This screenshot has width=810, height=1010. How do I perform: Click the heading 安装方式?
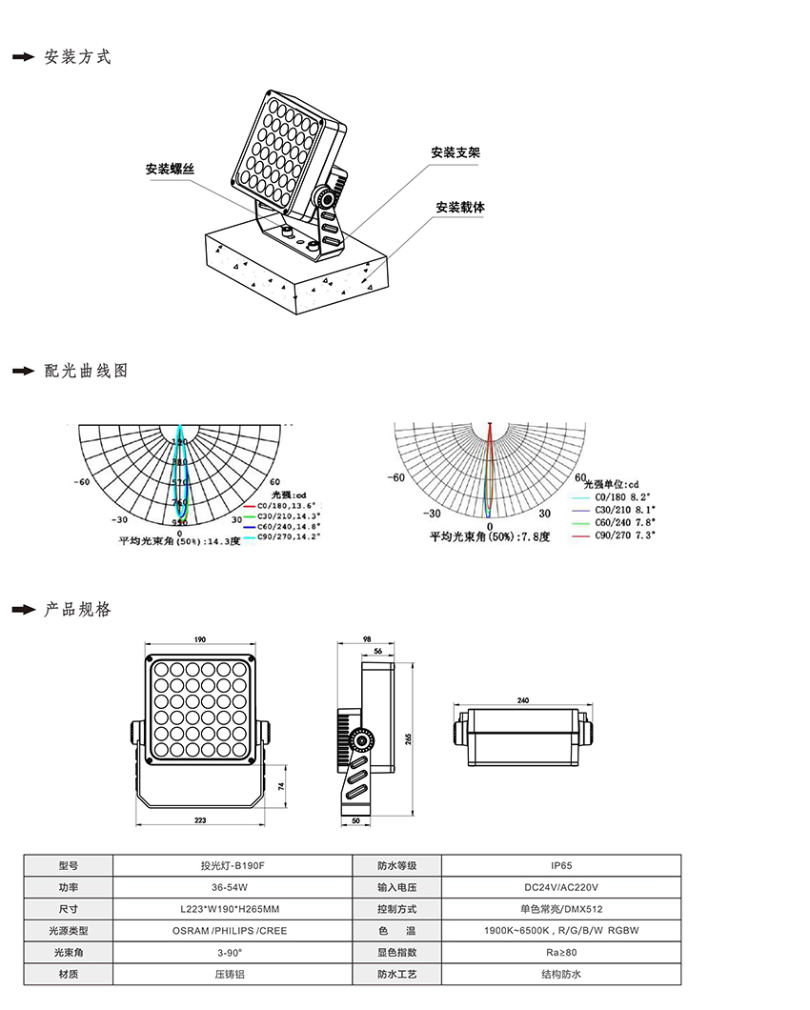click(77, 57)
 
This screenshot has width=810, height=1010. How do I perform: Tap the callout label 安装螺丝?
click(170, 169)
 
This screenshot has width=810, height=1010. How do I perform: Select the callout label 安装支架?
click(455, 152)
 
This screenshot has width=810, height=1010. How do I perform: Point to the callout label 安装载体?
click(460, 207)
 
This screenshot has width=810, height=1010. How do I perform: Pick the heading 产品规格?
click(77, 609)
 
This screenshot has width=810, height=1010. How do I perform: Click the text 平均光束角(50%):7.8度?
click(490, 537)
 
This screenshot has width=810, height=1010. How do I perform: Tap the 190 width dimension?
click(200, 639)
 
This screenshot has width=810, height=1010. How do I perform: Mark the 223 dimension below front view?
click(200, 820)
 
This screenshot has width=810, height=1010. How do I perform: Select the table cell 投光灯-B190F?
click(232, 866)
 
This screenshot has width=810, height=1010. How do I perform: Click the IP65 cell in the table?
click(561, 866)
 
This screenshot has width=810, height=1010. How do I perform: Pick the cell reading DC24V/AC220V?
click(561, 887)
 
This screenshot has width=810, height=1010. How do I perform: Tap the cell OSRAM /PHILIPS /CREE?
click(232, 931)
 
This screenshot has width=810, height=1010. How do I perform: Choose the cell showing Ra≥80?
click(561, 952)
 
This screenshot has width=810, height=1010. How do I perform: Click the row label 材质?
click(68, 974)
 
